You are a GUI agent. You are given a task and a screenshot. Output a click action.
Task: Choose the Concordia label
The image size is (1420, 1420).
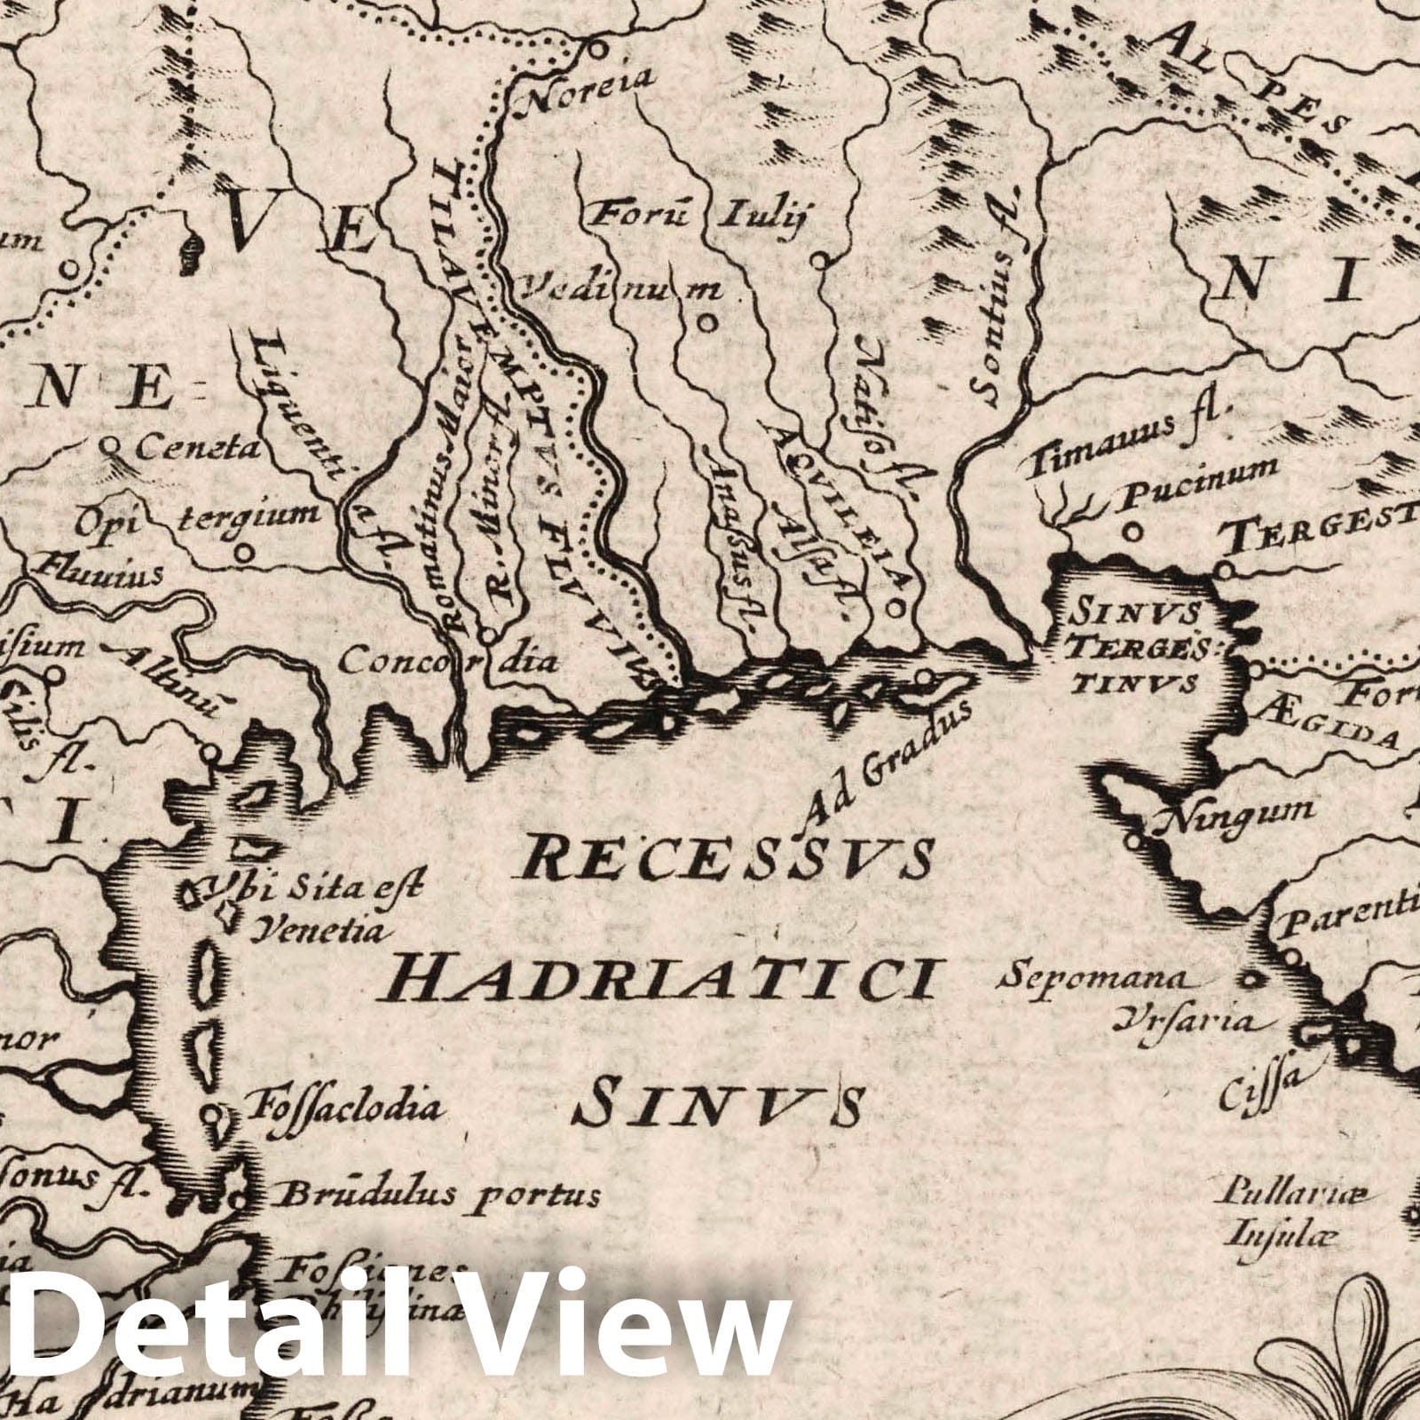pyautogui.click(x=448, y=659)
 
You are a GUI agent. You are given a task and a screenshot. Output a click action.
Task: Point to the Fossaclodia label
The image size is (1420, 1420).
pyautogui.click(x=347, y=1107)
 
